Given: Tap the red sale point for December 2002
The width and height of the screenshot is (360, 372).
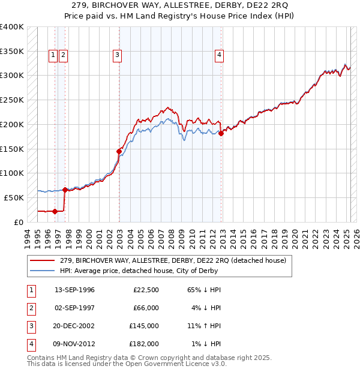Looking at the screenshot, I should pos(119,151).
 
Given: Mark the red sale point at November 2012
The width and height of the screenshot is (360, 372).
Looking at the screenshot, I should pos(221,133).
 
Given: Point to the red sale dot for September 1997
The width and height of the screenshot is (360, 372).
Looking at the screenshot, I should pos(65,190).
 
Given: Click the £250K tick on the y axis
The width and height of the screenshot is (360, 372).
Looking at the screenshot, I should pos(12,100).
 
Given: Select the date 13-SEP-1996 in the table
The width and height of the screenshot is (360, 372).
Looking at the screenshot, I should pos(74,290).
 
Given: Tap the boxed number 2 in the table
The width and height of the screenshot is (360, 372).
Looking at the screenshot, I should pos(31,308).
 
